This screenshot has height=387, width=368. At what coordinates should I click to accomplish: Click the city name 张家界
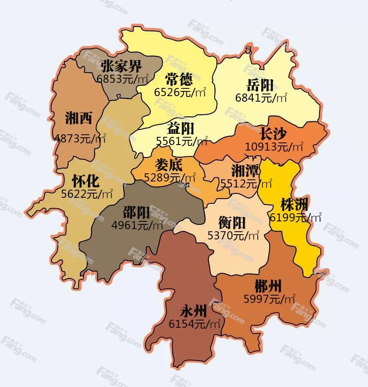[x=122, y=67]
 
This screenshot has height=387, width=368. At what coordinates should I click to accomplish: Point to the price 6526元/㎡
[x=179, y=91]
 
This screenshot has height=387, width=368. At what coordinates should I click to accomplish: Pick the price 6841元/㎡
[x=261, y=98]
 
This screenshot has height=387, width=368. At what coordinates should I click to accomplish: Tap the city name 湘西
[x=79, y=118]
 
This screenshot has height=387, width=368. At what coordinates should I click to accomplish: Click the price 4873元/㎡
[x=80, y=138]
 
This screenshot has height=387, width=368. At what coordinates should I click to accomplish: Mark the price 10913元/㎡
[x=274, y=147]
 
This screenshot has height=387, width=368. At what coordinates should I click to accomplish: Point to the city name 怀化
[x=85, y=181]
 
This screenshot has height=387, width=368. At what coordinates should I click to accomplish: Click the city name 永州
[x=194, y=311]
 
